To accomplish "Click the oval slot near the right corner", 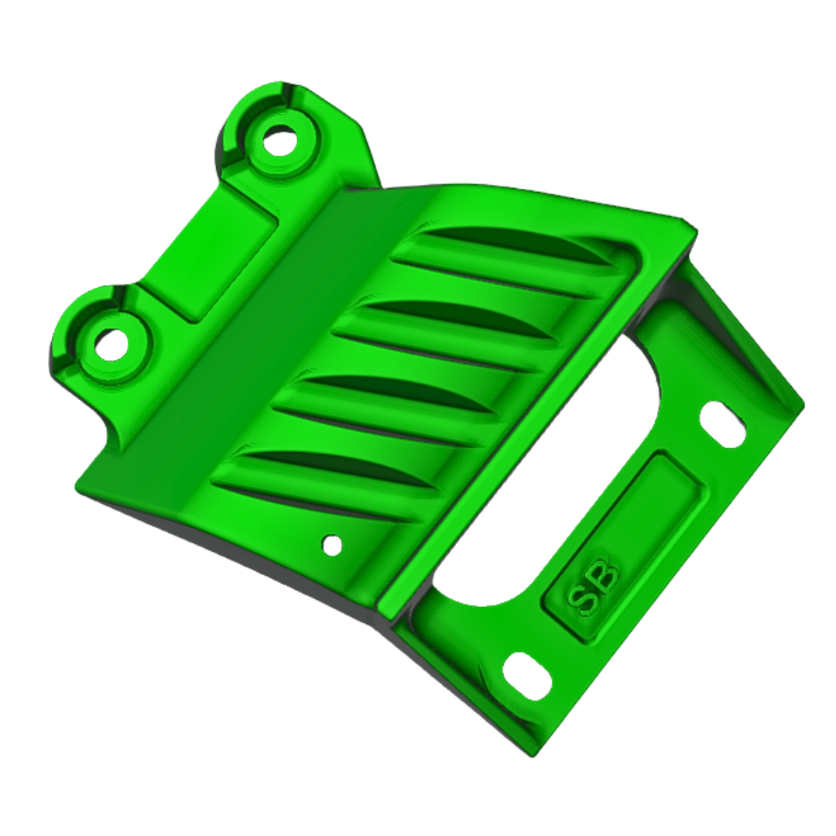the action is (x=722, y=424).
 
